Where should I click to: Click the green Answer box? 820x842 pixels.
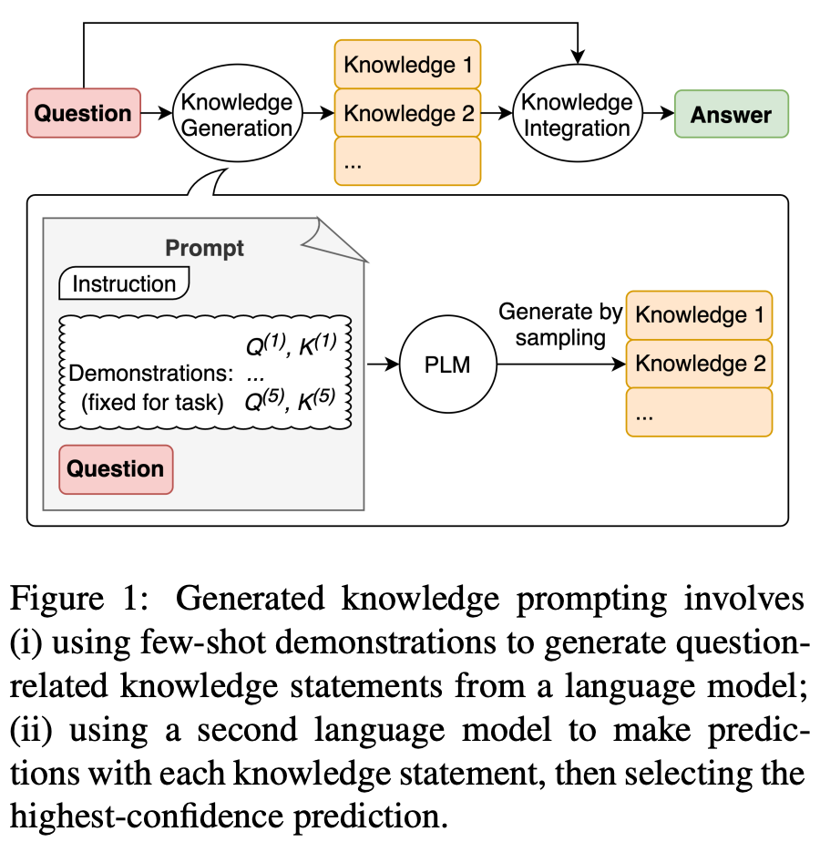[x=731, y=115]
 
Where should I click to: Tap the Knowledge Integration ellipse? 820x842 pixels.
[x=577, y=114]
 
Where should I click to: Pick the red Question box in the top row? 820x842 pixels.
[x=84, y=113]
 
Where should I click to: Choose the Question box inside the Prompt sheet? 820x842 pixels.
[x=116, y=469]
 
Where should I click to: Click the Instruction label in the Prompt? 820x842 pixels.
[x=124, y=283]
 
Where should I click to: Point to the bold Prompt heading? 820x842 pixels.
[x=204, y=248]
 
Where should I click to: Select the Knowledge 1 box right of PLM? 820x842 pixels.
[x=700, y=315]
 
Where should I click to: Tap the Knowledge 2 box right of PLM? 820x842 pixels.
[x=700, y=364]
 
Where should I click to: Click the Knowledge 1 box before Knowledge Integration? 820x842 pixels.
[x=407, y=65]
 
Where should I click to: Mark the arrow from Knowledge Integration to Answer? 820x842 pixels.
[x=656, y=114]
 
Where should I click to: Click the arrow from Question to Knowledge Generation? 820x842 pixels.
[x=157, y=114]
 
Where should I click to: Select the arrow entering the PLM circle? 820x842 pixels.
[x=383, y=365]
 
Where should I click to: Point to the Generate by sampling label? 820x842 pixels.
[x=559, y=325]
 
